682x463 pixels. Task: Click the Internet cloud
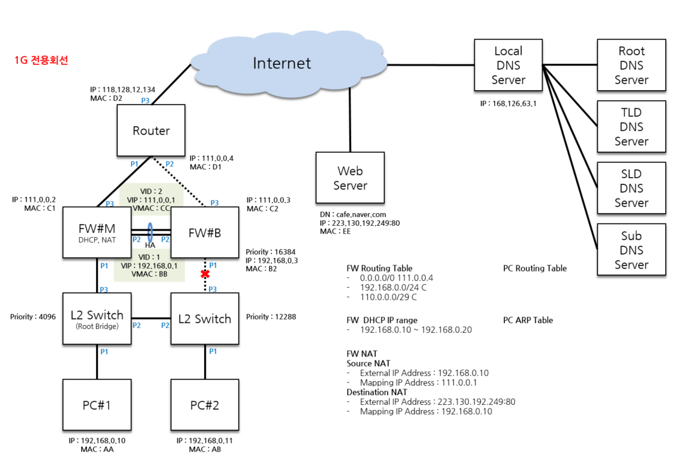[x=282, y=63]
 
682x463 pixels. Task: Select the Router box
[x=151, y=130]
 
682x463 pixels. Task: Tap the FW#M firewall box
[x=97, y=233]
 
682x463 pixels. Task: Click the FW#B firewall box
[x=205, y=233]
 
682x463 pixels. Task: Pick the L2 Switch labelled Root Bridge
[x=97, y=318]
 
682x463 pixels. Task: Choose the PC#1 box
[x=97, y=405]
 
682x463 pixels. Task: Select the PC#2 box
[x=205, y=405]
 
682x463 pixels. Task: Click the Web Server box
[x=350, y=178]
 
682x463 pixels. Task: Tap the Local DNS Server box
[x=508, y=65]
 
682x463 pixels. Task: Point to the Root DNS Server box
[x=631, y=65]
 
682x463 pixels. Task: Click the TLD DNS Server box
[x=631, y=127]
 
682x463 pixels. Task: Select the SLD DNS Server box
[x=631, y=188]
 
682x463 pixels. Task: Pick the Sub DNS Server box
[x=631, y=250]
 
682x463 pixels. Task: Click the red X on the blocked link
[x=205, y=274]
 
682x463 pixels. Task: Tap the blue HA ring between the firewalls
[x=149, y=232]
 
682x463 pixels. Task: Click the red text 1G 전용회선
[x=41, y=61]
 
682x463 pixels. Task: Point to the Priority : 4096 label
[x=33, y=316]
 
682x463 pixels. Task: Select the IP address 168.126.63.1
[x=508, y=103]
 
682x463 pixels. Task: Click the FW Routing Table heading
[x=379, y=268]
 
